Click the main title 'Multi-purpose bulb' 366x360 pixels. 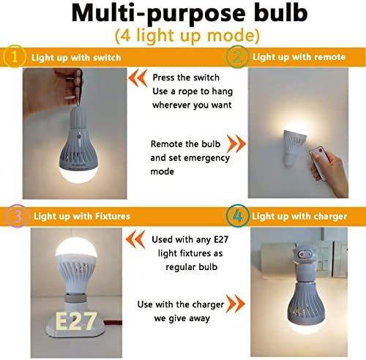pyautogui.click(x=190, y=13)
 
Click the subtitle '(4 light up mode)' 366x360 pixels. pyautogui.click(x=187, y=36)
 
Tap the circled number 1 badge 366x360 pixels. pyautogui.click(x=15, y=56)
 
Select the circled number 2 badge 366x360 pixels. pyautogui.click(x=237, y=56)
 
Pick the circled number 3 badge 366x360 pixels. pyautogui.click(x=16, y=216)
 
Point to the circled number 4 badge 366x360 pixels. pyautogui.click(x=237, y=216)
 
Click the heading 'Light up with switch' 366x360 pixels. pyautogui.click(x=76, y=58)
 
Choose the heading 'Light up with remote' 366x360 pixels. pyautogui.click(x=299, y=57)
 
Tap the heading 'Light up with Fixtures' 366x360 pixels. pyautogui.click(x=82, y=217)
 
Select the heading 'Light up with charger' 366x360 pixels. pyautogui.click(x=299, y=217)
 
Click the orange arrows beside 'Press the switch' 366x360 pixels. pyautogui.click(x=138, y=78)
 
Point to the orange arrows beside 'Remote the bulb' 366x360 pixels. pyautogui.click(x=236, y=143)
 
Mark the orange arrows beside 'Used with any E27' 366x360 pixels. pyautogui.click(x=135, y=239)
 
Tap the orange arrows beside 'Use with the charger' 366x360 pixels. pyautogui.click(x=235, y=304)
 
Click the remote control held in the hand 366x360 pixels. pyautogui.click(x=318, y=163)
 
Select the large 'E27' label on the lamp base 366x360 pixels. pyautogui.click(x=76, y=320)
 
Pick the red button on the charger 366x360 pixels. pyautogui.click(x=302, y=255)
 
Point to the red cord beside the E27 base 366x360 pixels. pyautogui.click(x=113, y=323)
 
